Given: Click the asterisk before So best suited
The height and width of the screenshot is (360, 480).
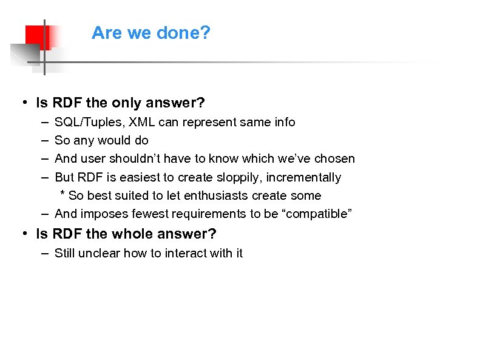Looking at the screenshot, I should pos(63,194).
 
